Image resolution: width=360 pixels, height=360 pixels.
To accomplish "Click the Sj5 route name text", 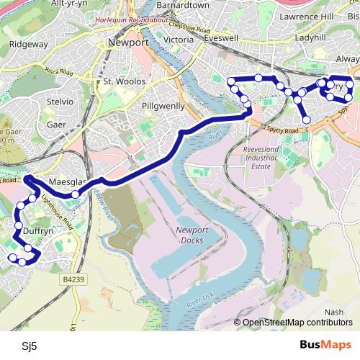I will [29, 346].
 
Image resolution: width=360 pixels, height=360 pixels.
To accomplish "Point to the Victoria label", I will [179, 39].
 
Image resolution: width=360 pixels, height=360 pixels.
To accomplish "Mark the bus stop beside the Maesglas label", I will [75, 194].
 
